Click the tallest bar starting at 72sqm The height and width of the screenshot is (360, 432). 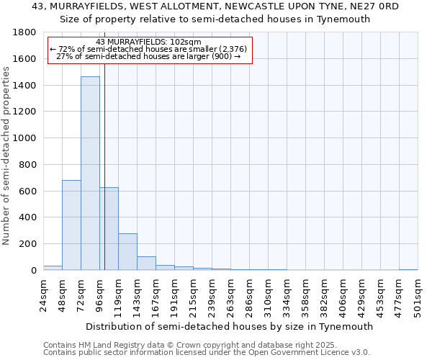(90, 173)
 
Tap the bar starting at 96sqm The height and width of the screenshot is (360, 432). (109, 228)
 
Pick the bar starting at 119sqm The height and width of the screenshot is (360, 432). (127, 251)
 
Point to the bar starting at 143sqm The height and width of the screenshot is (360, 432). (146, 263)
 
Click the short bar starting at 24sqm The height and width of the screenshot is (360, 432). (53, 268)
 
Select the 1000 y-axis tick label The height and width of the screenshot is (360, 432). (25, 138)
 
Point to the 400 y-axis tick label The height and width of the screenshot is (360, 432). (28, 217)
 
